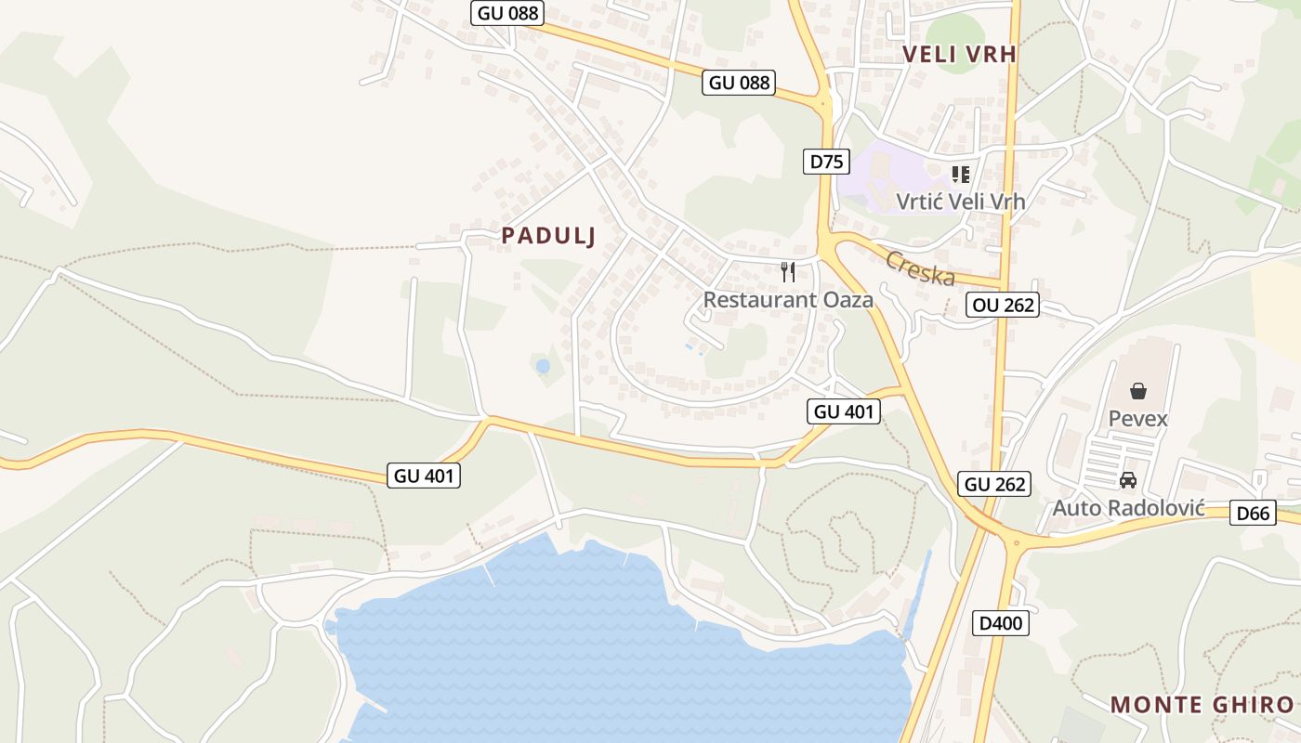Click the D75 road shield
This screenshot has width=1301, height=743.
(826, 162)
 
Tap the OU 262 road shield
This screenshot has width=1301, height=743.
(1002, 305)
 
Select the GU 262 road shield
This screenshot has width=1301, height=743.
(994, 484)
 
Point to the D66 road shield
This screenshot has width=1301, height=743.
(1253, 513)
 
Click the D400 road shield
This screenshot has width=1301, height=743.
(1000, 623)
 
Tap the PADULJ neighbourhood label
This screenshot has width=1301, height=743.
(548, 236)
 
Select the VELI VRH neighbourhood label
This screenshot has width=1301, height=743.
(960, 55)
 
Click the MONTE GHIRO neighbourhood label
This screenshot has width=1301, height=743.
(1202, 704)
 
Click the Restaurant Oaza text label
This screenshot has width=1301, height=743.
(788, 300)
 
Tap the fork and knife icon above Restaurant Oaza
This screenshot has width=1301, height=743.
(788, 271)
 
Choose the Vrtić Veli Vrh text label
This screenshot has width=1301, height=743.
(961, 201)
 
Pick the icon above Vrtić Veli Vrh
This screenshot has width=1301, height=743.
(961, 174)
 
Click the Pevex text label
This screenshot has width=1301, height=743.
(1137, 419)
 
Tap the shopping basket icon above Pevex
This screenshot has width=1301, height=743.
(1137, 391)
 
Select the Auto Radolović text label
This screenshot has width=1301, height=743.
(1128, 508)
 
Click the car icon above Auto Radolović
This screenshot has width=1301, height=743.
(1128, 480)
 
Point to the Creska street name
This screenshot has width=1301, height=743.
(920, 268)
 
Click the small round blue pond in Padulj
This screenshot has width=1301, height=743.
(543, 367)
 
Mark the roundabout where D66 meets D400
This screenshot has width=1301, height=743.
(1017, 541)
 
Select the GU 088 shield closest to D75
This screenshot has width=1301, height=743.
(740, 83)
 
